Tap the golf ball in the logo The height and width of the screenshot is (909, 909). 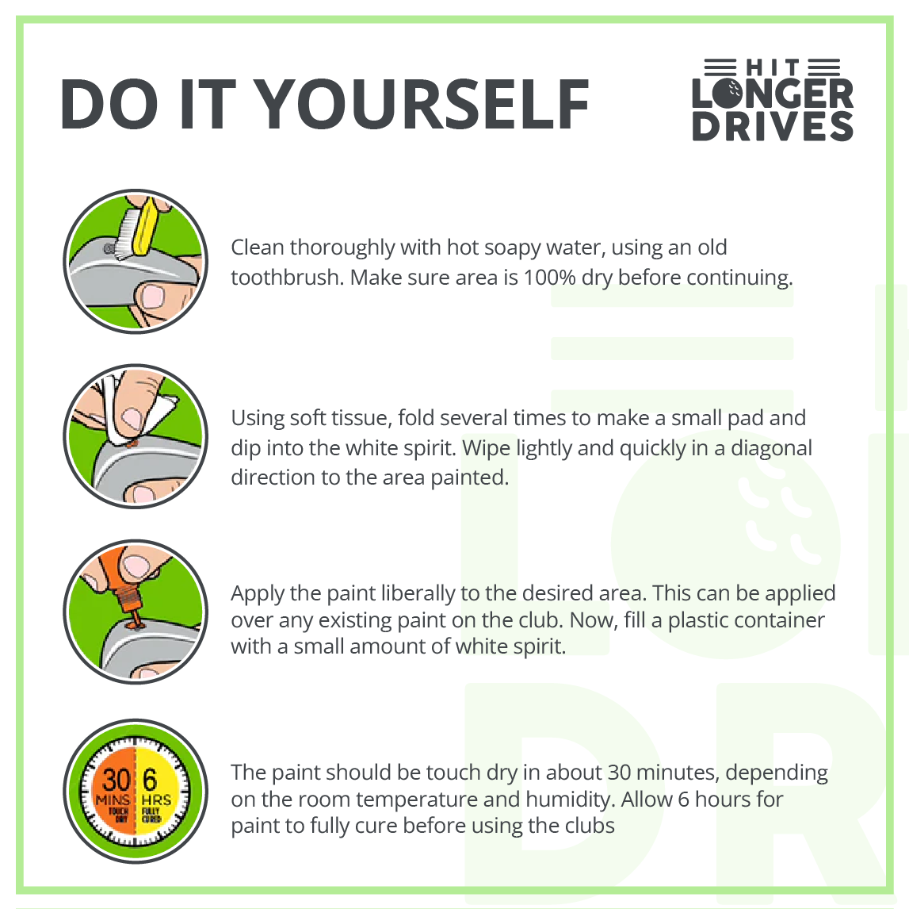tap(728, 93)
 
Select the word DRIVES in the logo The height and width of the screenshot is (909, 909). tap(773, 126)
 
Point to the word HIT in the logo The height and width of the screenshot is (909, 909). tap(773, 67)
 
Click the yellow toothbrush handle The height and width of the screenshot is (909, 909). tap(145, 227)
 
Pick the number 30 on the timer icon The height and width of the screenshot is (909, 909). tap(116, 780)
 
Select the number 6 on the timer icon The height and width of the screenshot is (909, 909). tap(150, 780)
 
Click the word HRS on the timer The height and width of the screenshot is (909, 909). tap(157, 800)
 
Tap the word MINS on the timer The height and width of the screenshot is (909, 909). tap(113, 800)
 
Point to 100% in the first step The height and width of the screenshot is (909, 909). tap(549, 278)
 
